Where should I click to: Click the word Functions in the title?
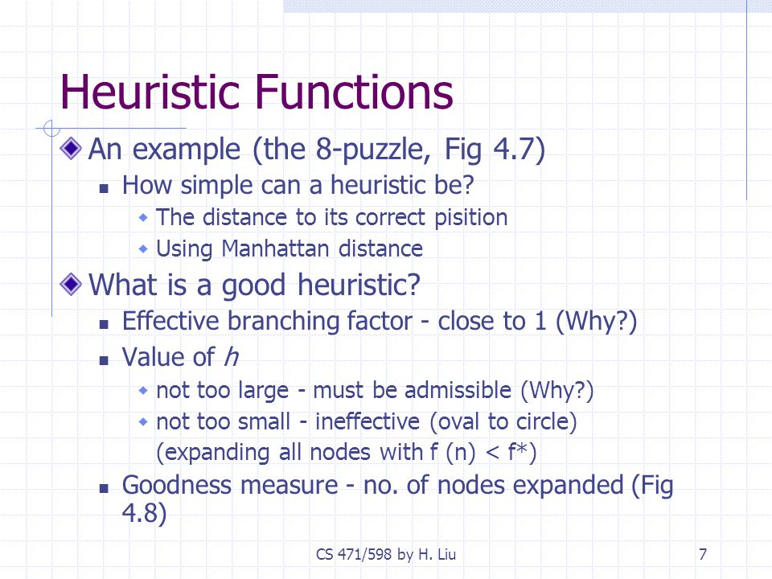[355, 92]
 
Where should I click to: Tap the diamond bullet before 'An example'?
[71, 148]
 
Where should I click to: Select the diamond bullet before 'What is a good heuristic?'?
[71, 284]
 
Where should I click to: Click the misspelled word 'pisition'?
[470, 218]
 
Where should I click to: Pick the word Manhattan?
[275, 248]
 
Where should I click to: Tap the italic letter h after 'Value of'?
[232, 356]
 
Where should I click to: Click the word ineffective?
[368, 421]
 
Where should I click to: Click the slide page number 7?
[703, 554]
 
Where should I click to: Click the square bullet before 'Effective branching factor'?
[104, 324]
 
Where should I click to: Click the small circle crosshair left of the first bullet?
[51, 129]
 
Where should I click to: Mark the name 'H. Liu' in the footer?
[437, 554]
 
